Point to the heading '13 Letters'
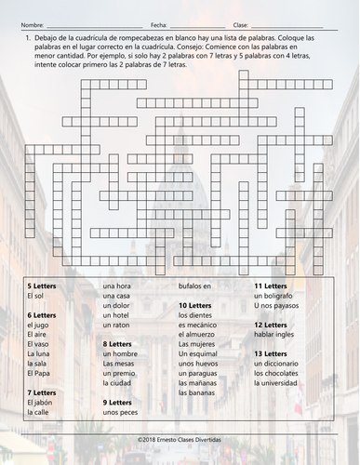pos(271,353)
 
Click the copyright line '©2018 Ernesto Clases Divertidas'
pos(180,435)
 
